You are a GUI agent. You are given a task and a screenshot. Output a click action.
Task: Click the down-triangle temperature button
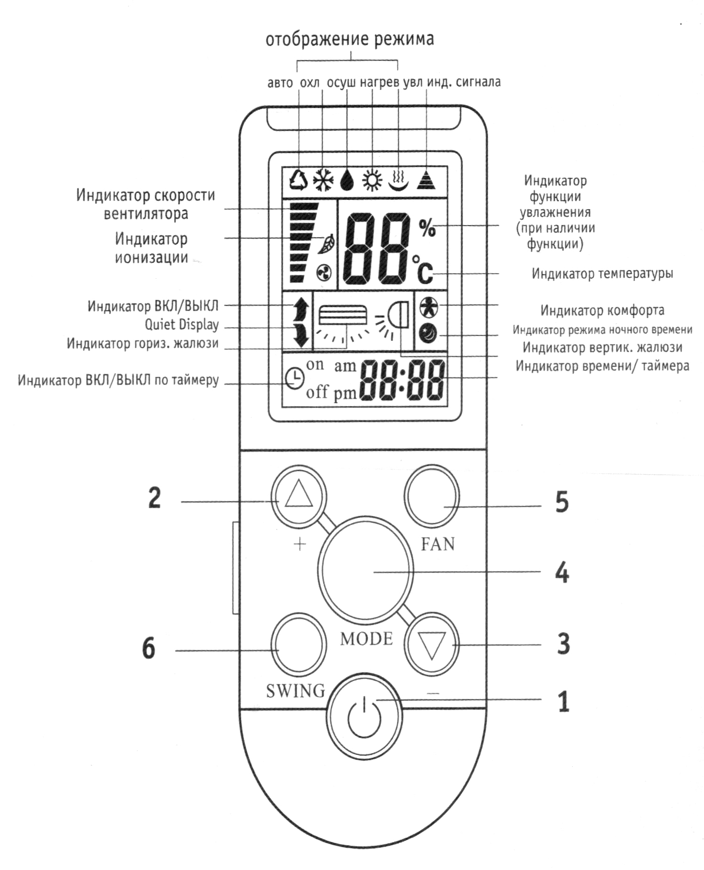[x=431, y=644]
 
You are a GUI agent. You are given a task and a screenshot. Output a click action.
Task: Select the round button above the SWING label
[x=299, y=644]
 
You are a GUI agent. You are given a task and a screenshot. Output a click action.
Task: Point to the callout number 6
[x=149, y=649]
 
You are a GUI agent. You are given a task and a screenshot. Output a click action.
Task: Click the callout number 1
[x=562, y=702]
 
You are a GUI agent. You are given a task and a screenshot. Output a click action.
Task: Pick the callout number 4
[x=562, y=572]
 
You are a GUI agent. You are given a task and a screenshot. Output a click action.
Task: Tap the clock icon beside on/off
[x=294, y=378]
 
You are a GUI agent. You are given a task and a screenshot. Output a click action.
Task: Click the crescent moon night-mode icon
[x=428, y=334]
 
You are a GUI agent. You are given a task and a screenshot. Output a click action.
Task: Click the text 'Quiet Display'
[x=182, y=325]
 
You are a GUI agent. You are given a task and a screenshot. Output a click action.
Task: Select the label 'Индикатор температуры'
[x=602, y=273]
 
